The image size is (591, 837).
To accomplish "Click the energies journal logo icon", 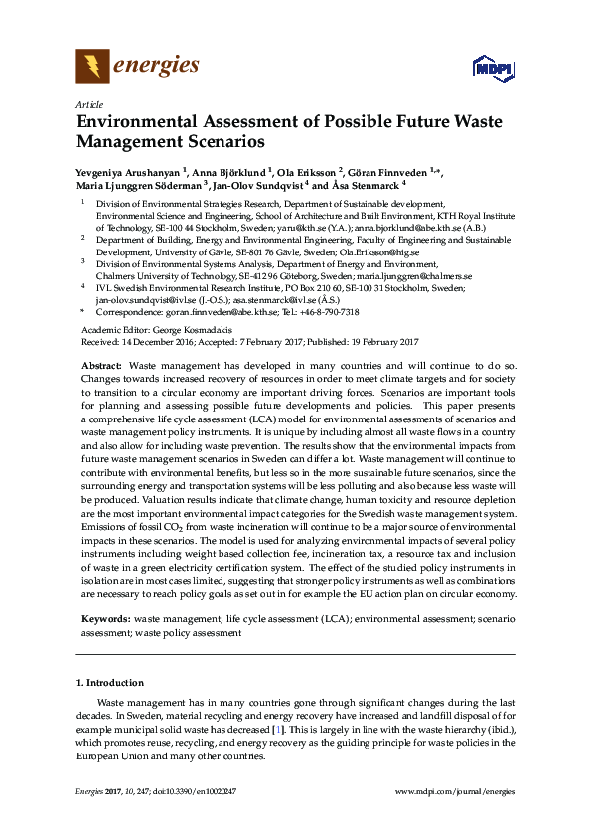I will (92, 67).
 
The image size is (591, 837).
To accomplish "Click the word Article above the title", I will (88, 103).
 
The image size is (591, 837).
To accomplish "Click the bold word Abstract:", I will (101, 367).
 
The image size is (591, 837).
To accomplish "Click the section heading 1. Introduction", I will (110, 683).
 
